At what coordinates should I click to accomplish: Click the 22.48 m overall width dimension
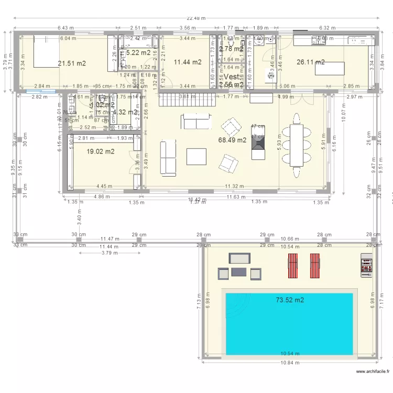point(197,17)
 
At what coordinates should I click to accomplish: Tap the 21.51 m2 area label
point(72,63)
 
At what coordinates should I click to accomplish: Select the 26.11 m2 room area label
point(310,62)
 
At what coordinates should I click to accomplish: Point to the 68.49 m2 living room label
point(232,140)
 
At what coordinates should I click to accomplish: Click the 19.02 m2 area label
point(101,152)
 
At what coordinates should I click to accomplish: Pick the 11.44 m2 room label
point(187,62)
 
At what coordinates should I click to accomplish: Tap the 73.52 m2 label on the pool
point(290,300)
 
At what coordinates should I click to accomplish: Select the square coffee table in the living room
point(196,156)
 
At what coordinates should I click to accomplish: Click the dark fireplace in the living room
point(258,142)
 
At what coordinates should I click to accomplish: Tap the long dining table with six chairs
point(297,145)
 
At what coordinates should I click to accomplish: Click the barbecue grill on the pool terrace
point(366,265)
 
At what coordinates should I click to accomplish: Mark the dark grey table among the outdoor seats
point(238,271)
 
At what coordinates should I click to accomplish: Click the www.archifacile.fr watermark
point(373,372)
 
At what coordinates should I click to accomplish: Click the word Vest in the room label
point(231,77)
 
